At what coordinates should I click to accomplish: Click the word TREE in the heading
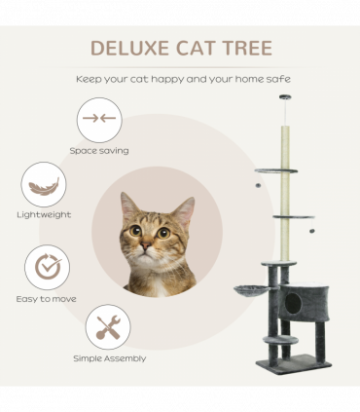point(244,49)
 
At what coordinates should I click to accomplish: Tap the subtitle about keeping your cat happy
point(180,79)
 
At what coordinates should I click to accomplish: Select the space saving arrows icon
point(99,120)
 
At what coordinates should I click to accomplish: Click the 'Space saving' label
point(99,151)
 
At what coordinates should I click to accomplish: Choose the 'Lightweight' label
point(44,214)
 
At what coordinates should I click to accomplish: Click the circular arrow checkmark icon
point(46,267)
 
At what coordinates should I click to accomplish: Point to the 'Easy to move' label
point(46,298)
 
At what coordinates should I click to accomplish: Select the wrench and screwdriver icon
point(108,327)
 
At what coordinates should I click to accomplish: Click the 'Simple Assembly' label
point(109,358)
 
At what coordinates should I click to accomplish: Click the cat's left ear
point(127,206)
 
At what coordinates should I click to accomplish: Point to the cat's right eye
point(163,232)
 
